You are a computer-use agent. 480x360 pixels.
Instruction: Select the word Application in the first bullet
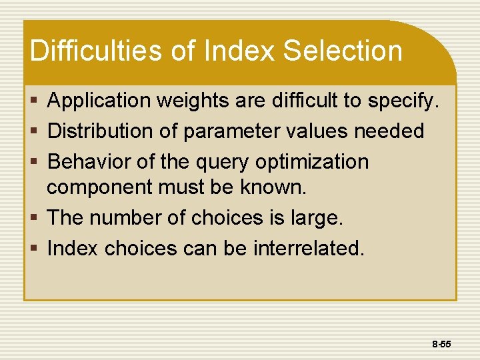click(100, 101)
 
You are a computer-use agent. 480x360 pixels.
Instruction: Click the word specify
click(404, 101)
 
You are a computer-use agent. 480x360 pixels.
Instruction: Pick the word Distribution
click(101, 131)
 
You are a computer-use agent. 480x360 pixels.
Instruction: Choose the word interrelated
click(309, 248)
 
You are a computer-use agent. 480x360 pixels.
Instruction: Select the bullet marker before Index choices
click(35, 249)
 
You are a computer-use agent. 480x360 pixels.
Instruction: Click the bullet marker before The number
click(35, 218)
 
